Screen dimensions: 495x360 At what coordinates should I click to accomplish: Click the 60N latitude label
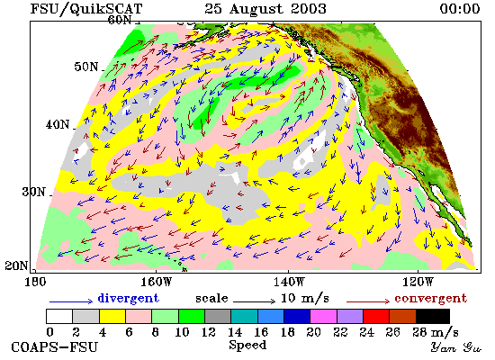[x=120, y=20]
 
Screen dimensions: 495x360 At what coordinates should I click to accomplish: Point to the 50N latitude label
[x=86, y=67]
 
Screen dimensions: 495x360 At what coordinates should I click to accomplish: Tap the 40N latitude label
[x=58, y=124]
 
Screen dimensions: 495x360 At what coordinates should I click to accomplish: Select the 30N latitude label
[x=34, y=192]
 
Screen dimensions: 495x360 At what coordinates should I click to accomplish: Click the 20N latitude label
[x=16, y=265]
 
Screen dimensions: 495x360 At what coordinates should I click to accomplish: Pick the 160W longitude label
[x=156, y=282]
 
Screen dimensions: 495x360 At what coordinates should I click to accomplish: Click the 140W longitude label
[x=289, y=282]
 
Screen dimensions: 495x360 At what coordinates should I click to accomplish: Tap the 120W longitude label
[x=418, y=282]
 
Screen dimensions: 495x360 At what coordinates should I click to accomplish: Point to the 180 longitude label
[x=35, y=282]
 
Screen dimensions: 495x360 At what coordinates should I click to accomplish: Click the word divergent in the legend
[x=128, y=298]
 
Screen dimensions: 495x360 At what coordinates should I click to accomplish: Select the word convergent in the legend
[x=430, y=299]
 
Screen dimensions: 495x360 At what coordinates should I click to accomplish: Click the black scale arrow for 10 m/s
[x=255, y=301]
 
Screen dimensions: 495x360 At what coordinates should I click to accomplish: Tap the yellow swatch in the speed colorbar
[x=112, y=317]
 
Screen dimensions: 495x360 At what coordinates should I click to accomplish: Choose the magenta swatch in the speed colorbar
[x=323, y=317]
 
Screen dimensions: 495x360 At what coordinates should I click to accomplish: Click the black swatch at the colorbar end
[x=433, y=317]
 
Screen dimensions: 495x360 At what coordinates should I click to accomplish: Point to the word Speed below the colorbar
[x=247, y=345]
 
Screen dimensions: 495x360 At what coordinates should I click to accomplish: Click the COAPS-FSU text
[x=54, y=346]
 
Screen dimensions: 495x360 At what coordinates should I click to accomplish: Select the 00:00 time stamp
[x=460, y=8]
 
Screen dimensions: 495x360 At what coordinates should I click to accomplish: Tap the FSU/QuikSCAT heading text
[x=86, y=9]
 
